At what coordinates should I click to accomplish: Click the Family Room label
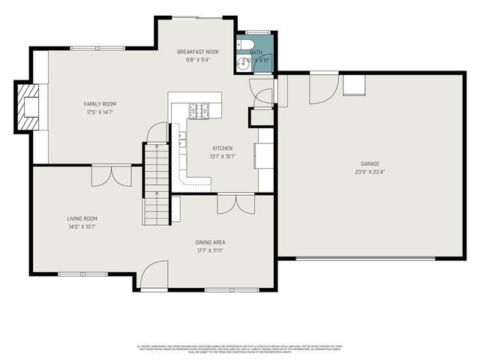point(100,104)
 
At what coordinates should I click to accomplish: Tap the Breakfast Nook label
point(198,52)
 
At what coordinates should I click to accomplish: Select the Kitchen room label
point(223,148)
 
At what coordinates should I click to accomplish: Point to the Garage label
point(370,163)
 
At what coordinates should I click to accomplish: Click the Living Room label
point(83,218)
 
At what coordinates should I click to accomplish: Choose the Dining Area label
point(211,242)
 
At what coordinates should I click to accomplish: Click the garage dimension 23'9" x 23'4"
point(370,171)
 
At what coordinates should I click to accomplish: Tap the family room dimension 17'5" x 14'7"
point(100,112)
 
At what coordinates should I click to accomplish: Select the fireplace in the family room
point(30,107)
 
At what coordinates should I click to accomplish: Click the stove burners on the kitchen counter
point(199,110)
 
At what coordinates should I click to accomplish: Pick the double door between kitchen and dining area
point(235,203)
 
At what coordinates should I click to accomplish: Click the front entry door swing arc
point(153,274)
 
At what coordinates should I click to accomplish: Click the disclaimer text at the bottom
point(240,348)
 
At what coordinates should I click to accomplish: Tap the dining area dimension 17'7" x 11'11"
point(211,250)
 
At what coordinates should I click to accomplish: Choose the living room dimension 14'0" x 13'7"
point(83,226)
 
